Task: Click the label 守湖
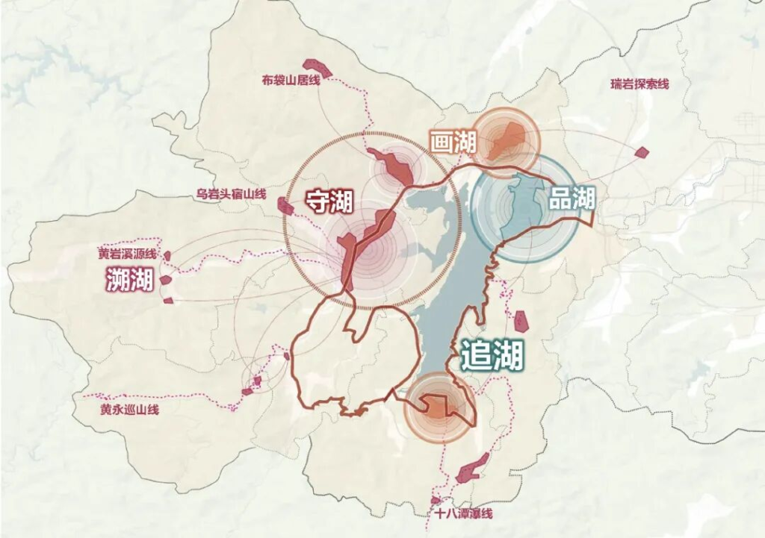329,201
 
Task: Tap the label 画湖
453,142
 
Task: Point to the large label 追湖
492,355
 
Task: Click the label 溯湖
129,281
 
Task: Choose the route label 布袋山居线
291,80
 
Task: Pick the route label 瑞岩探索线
639,84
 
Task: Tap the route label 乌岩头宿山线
231,194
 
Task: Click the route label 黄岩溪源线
127,254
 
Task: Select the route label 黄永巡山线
129,410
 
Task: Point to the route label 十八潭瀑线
463,513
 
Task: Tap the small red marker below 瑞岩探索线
641,152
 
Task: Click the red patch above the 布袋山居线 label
318,67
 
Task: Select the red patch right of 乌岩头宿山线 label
285,206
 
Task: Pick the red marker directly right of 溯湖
166,281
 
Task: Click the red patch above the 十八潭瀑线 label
468,471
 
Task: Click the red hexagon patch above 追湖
521,321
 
